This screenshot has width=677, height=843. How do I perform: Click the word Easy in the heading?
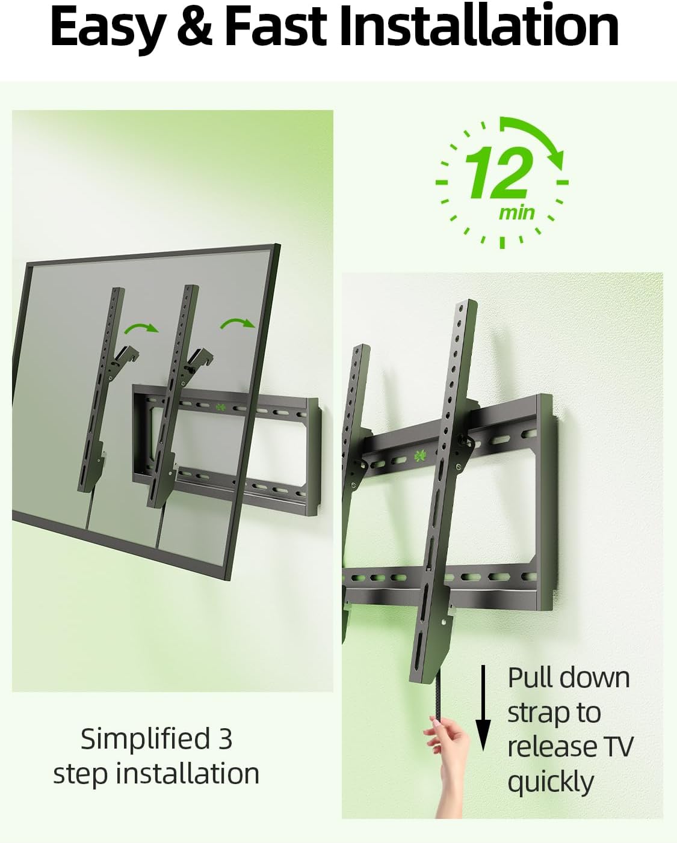tap(107, 27)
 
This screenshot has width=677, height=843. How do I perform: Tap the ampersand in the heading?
tap(194, 27)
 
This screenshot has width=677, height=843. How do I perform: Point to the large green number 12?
tap(498, 173)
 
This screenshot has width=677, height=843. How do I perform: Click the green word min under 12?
tap(516, 212)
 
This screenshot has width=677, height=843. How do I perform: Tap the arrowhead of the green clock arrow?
tap(556, 161)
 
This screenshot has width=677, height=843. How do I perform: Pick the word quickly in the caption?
tap(551, 782)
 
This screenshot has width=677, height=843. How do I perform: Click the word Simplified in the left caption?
tap(145, 739)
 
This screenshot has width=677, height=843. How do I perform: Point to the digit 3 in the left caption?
tap(225, 739)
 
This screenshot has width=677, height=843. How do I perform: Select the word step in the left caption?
tap(81, 774)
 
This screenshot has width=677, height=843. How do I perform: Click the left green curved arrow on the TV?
tap(141, 328)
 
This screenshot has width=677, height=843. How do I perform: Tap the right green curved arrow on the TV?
tap(238, 323)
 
